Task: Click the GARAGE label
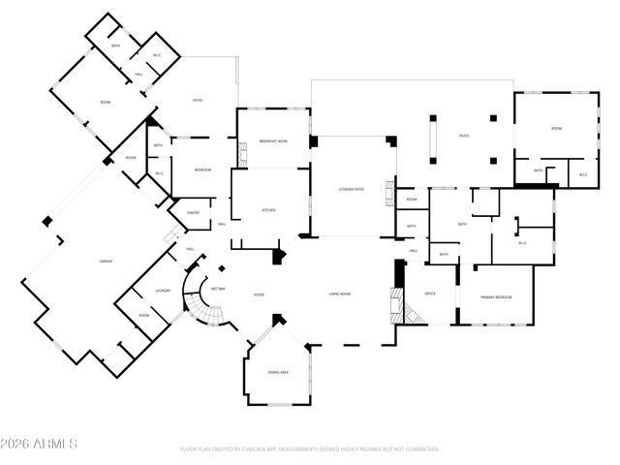[106, 262]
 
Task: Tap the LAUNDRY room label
[163, 291]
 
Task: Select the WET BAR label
[219, 289]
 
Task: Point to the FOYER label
[259, 294]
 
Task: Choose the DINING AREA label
[278, 372]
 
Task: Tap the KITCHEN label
[269, 210]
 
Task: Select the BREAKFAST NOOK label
[273, 141]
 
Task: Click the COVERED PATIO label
[351, 189]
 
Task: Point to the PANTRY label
[179, 213]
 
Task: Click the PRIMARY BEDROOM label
[495, 296]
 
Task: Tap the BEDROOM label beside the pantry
[201, 170]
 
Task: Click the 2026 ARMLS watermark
[39, 445]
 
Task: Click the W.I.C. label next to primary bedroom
[522, 243]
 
